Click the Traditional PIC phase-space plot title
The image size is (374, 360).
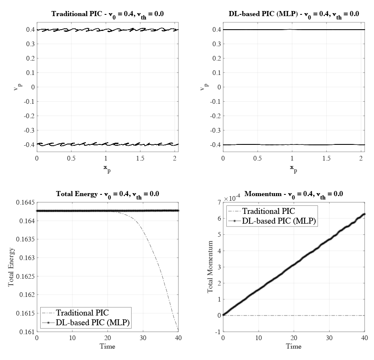107,14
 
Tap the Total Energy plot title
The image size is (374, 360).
107,194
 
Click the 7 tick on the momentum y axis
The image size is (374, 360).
218,203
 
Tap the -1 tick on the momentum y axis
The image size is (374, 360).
217,332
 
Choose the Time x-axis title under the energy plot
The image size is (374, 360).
107,346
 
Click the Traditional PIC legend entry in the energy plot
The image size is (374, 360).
82,313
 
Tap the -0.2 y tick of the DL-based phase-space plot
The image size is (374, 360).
214,116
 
